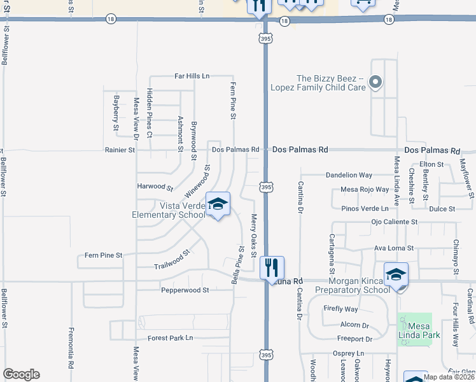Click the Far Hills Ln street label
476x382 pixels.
click(x=192, y=76)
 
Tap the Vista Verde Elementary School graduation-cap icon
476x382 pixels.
click(x=218, y=205)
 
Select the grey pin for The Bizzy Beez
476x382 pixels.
click(x=375, y=82)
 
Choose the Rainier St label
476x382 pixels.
click(x=120, y=150)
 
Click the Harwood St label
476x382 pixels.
click(x=155, y=187)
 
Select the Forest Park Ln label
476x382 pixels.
click(x=170, y=338)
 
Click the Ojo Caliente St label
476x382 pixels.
click(x=394, y=222)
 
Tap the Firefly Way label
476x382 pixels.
click(x=340, y=309)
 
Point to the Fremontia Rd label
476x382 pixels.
click(x=71, y=347)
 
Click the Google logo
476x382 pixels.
click(x=21, y=374)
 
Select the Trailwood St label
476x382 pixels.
click(x=172, y=259)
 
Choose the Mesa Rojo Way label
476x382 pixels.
click(x=365, y=189)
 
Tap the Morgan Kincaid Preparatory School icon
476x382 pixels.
click(x=396, y=274)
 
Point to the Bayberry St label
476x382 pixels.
click(x=116, y=113)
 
